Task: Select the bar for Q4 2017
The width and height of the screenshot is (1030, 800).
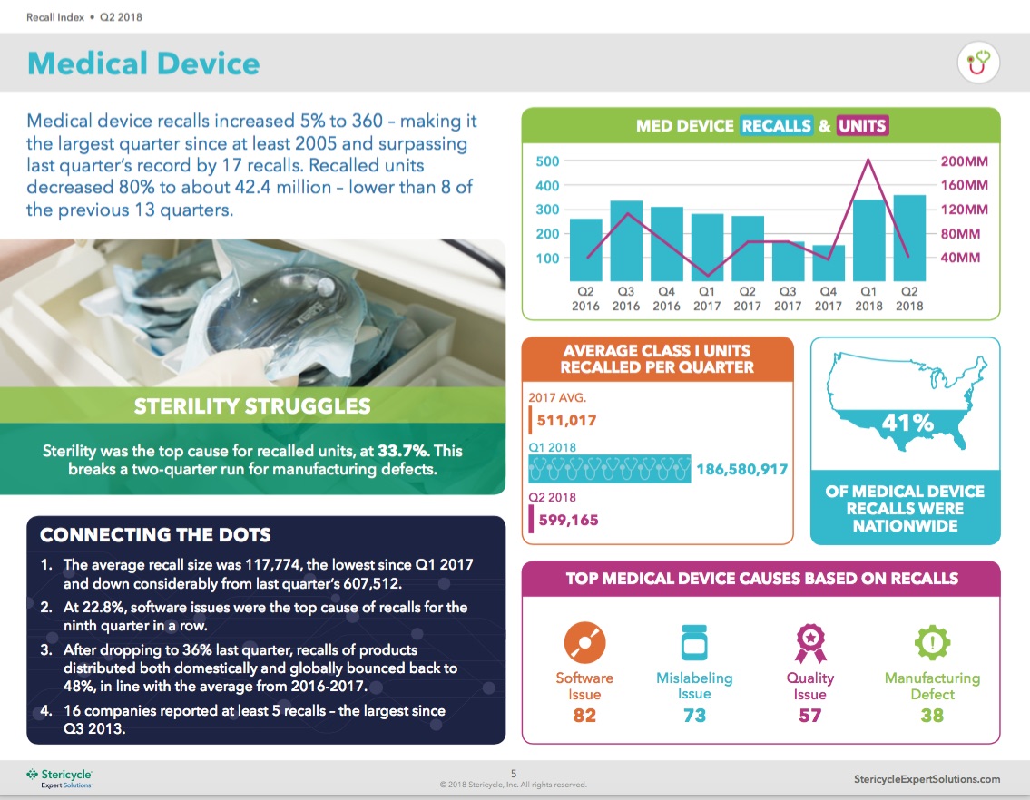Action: pos(828,263)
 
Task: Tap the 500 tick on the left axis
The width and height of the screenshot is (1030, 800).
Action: pos(547,161)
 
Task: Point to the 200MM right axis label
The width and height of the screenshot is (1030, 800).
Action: pos(964,161)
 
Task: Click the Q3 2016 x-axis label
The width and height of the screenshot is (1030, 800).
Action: pos(626,298)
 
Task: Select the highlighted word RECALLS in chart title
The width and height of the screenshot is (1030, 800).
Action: pos(776,126)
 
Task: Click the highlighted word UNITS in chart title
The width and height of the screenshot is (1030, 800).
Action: pos(862,126)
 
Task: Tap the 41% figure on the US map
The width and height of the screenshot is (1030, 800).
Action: pos(908,423)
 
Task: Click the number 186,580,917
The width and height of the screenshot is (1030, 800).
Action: pos(741,470)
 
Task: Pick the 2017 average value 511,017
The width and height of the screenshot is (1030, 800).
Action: pos(567,420)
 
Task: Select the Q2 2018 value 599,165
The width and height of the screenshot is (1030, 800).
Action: pos(567,520)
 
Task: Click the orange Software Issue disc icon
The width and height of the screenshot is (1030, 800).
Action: pos(584,643)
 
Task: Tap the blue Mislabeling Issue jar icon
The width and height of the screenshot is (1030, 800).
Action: pos(694,643)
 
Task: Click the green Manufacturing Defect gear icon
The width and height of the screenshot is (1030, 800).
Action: pos(932,643)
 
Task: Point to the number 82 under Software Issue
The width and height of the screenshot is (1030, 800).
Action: pos(584,716)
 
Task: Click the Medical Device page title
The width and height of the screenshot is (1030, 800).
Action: pos(143,63)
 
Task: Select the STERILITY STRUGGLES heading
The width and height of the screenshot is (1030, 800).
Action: pos(252,405)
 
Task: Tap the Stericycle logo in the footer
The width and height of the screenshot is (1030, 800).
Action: pos(59,778)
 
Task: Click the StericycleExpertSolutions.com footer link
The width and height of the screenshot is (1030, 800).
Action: pos(927,779)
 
